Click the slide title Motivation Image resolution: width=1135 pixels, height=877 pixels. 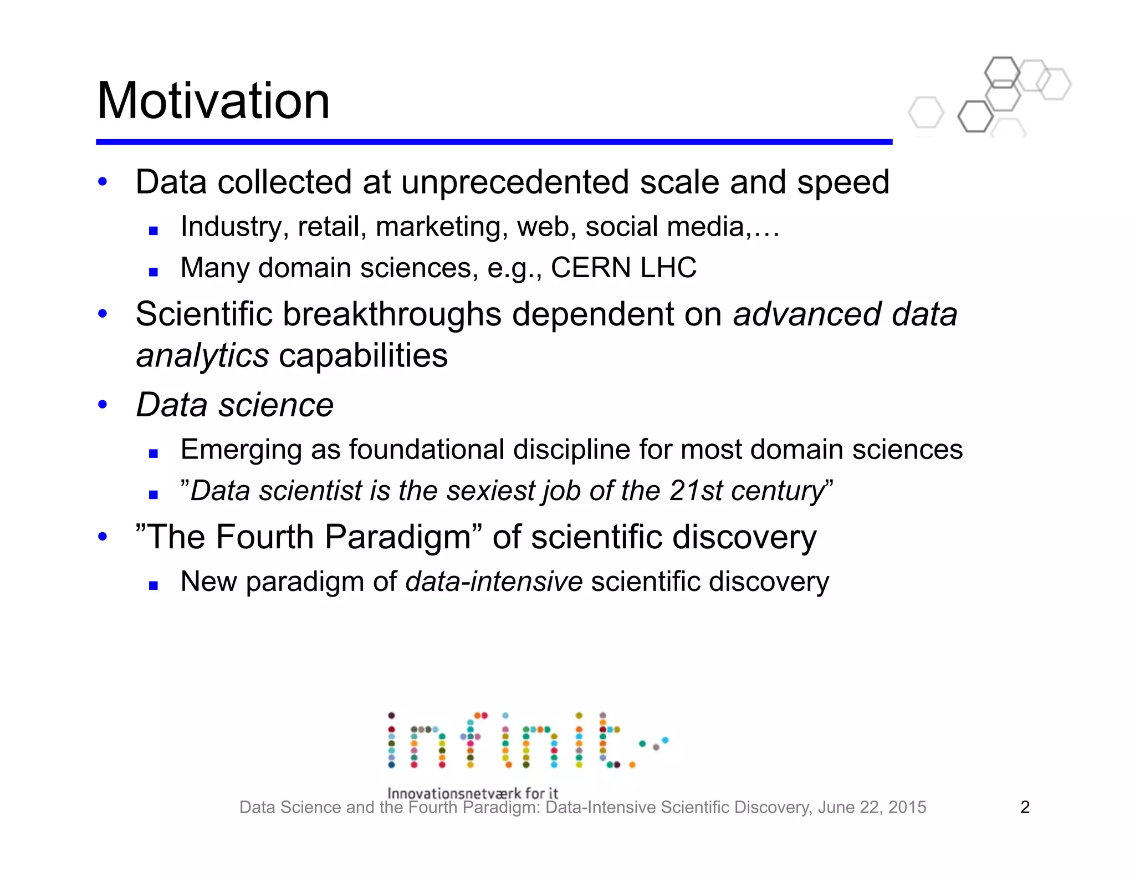tap(213, 101)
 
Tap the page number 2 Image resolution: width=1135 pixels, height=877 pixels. tap(1025, 807)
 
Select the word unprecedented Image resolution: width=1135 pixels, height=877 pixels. tap(515, 182)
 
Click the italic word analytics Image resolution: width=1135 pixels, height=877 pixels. tap(202, 356)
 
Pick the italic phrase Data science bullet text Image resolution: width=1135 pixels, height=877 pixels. tap(235, 405)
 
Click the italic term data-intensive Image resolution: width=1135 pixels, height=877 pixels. tap(494, 582)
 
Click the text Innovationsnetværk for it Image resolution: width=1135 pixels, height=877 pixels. tap(472, 793)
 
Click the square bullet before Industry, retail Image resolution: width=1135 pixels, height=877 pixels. tap(154, 231)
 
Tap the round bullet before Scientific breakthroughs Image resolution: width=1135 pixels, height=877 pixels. tap(103, 314)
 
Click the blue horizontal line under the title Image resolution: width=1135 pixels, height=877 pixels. tap(493, 142)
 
